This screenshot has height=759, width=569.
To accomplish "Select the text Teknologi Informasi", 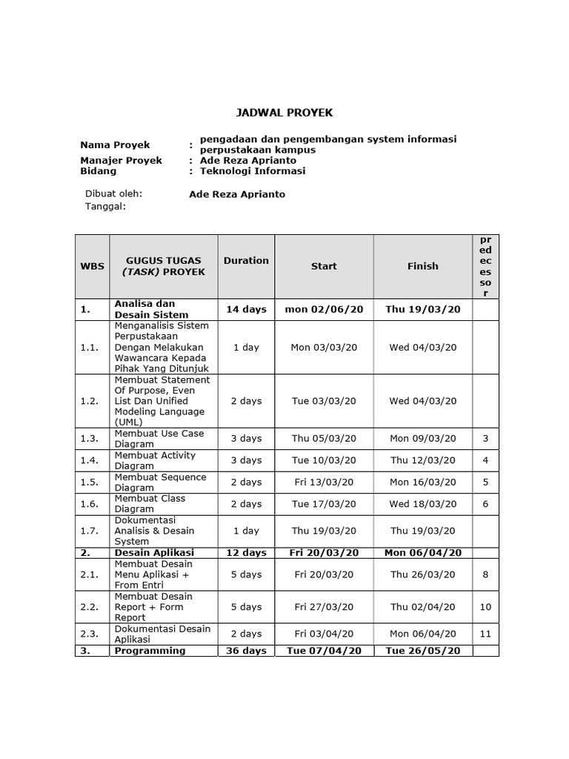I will click(x=247, y=170).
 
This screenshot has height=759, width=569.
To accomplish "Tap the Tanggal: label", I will click(x=107, y=207).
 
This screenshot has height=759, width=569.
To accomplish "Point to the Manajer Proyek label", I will click(x=121, y=160).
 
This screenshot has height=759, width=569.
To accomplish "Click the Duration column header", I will click(x=246, y=260).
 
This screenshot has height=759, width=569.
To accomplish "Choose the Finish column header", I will click(x=422, y=265).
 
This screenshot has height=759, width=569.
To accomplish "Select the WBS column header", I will click(x=92, y=265).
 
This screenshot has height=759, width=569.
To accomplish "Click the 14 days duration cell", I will click(x=246, y=309).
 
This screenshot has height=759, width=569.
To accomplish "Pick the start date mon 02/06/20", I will click(x=324, y=309).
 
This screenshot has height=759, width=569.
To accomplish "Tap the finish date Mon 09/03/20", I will click(x=422, y=438).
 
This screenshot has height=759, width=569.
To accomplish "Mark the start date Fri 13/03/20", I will click(x=324, y=482).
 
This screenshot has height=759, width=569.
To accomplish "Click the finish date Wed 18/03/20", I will click(x=422, y=503).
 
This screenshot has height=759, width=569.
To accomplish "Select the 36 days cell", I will click(x=246, y=650).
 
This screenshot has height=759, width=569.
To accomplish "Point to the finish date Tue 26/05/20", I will click(x=422, y=650).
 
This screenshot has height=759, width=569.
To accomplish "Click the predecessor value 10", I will click(x=485, y=607).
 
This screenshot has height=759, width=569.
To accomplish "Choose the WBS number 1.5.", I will click(x=89, y=482).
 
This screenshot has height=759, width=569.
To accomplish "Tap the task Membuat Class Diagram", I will click(x=150, y=503).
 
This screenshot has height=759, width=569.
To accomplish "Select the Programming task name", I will click(x=150, y=650).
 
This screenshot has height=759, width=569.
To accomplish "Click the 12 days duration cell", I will click(x=246, y=552).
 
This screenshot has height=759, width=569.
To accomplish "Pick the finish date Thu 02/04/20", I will click(x=422, y=607).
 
